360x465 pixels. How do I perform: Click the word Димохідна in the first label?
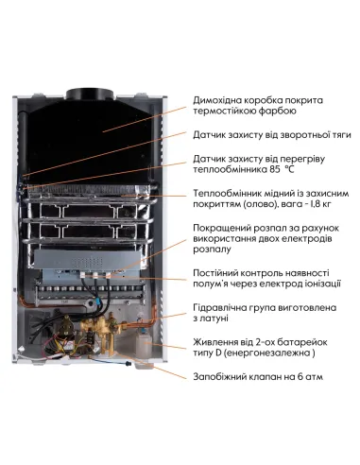tap(220, 100)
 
